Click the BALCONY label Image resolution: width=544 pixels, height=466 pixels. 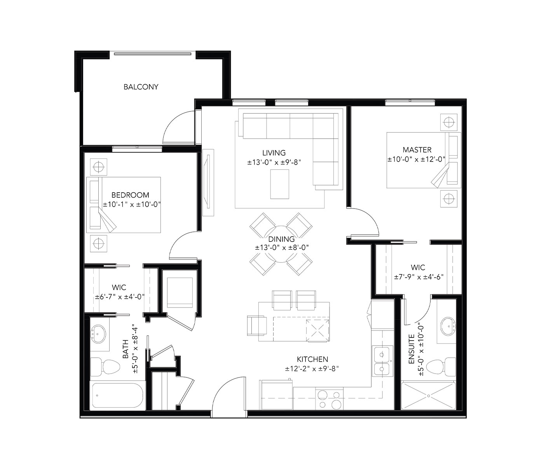tap(141, 87)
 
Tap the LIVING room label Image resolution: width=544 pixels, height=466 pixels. tap(274, 153)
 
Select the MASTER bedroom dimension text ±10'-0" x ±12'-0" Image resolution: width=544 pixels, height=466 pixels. tap(416, 159)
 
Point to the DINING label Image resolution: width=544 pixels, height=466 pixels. tap(281, 239)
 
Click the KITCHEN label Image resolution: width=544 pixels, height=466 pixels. tap(312, 360)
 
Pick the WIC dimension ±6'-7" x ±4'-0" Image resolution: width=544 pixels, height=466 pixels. tap(120, 297)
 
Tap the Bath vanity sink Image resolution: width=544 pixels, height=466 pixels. tap(99, 334)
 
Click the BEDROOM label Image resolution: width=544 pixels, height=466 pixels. tap(130, 195)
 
